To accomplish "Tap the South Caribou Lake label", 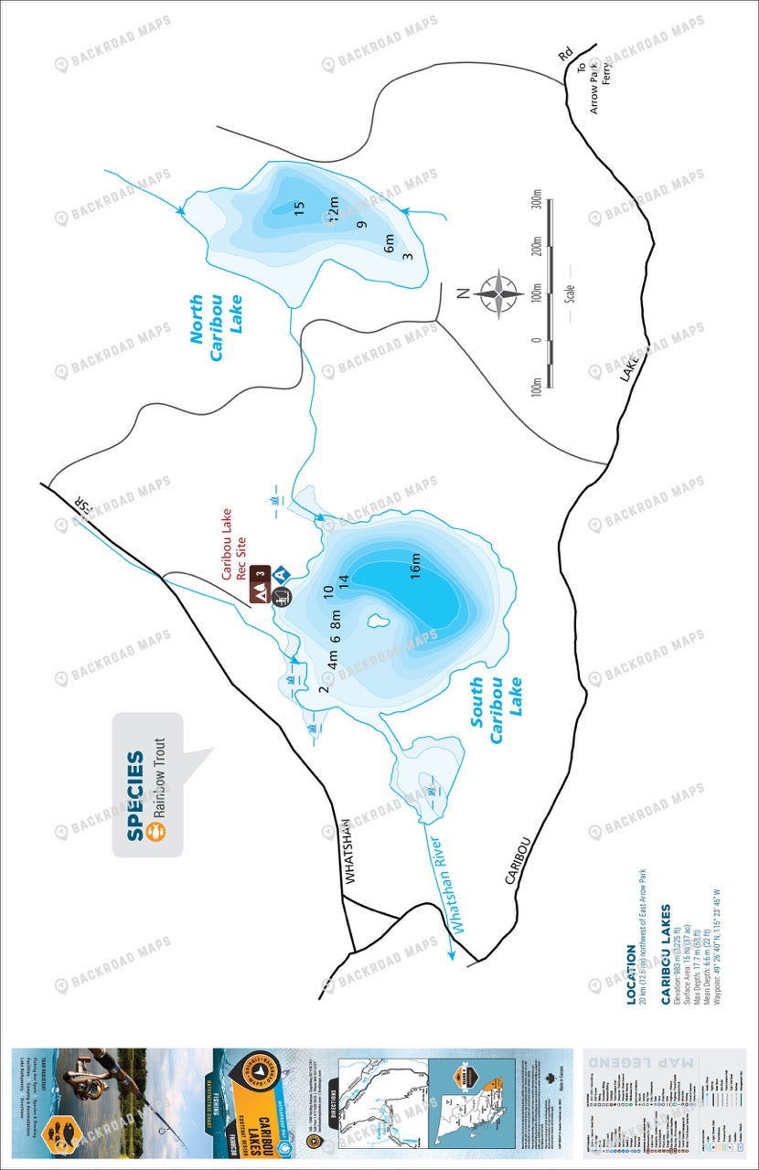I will [x=497, y=710].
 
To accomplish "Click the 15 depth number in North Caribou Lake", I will [x=298, y=207].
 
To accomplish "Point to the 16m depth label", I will [x=415, y=566].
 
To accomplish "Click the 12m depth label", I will [x=332, y=209].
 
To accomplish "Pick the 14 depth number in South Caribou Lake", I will [x=344, y=580].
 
